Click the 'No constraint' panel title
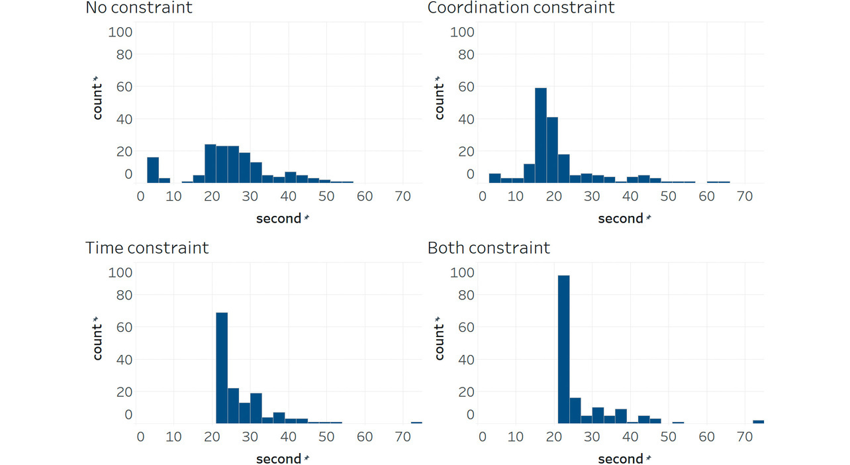[139, 9]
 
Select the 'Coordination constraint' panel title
[521, 9]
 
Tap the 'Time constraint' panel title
[147, 248]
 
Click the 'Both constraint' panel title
[489, 248]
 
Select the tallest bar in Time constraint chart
[222, 368]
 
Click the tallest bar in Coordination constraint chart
[541, 135]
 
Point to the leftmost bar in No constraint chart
[153, 170]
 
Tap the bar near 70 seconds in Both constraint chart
[758, 421]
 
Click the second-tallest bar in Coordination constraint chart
[552, 150]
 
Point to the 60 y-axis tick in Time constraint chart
[124, 327]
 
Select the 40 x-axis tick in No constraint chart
[289, 196]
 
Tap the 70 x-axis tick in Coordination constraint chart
[745, 196]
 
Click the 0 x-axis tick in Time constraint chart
[140, 437]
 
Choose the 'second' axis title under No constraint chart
[279, 219]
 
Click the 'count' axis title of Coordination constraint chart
[440, 98]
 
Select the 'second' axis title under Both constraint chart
[620, 459]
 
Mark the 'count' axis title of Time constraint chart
[98, 338]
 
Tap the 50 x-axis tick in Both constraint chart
[669, 437]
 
